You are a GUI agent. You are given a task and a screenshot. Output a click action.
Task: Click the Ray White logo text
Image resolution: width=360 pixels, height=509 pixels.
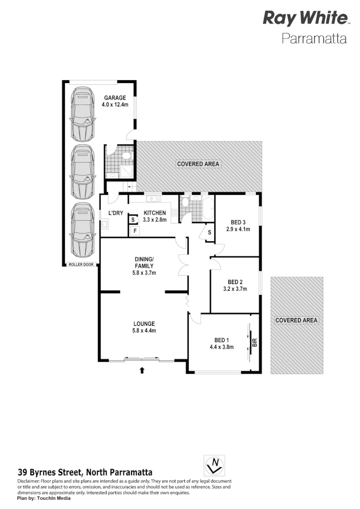pos(305,18)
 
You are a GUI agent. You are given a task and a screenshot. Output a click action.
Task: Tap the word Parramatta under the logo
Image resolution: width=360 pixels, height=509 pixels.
pos(314,38)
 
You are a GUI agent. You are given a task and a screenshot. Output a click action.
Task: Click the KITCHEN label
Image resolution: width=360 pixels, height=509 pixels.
pos(154,213)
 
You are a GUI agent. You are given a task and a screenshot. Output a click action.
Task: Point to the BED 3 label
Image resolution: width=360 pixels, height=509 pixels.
pos(238,222)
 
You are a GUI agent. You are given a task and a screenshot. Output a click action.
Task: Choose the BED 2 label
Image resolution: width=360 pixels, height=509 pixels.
pos(235,282)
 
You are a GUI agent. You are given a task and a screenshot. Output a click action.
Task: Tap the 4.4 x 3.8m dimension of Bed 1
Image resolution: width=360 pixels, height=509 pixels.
pos(221,347)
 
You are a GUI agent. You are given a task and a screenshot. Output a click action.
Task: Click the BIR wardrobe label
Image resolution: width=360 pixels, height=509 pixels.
pos(254,343)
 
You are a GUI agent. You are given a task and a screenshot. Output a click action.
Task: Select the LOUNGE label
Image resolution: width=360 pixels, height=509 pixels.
pos(144,323)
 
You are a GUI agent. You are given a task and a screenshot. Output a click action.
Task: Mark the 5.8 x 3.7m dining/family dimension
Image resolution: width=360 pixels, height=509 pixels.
pos(144,272)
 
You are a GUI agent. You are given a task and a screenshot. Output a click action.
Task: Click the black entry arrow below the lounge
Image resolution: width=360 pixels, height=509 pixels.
pos(142,369)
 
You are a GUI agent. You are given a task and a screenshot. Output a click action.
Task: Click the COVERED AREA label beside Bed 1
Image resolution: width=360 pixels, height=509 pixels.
pos(296,320)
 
